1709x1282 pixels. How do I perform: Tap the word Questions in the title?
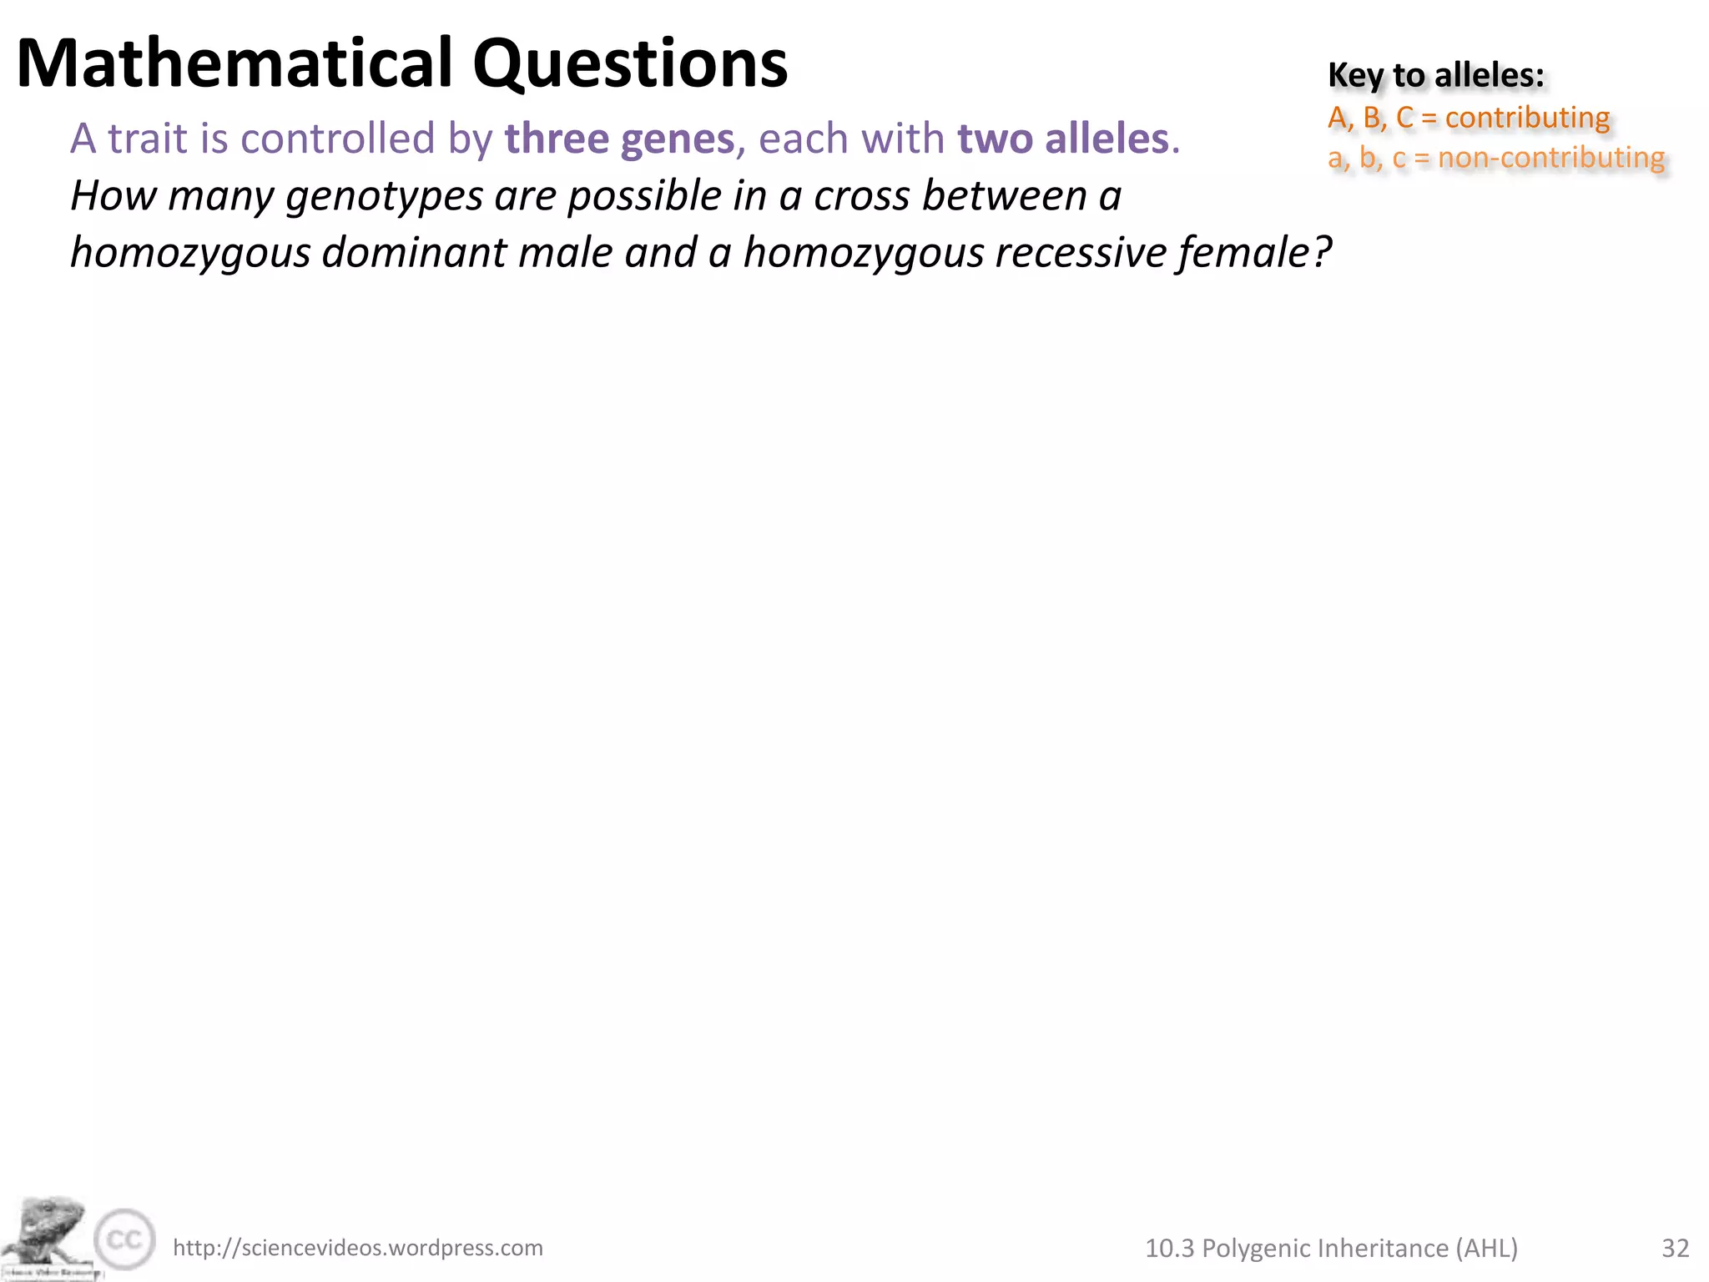630,63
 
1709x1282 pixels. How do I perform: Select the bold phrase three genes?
619,139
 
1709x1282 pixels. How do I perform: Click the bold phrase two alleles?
1063,139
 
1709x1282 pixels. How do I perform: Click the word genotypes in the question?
384,197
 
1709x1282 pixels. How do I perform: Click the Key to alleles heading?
1435,75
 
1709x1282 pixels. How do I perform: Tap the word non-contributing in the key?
1550,158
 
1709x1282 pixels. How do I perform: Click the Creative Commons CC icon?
124,1239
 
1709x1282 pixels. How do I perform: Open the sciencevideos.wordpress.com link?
357,1248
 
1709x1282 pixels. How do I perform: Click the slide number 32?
1675,1248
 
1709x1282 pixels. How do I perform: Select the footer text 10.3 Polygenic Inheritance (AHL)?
1331,1248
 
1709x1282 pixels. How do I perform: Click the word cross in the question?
860,197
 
